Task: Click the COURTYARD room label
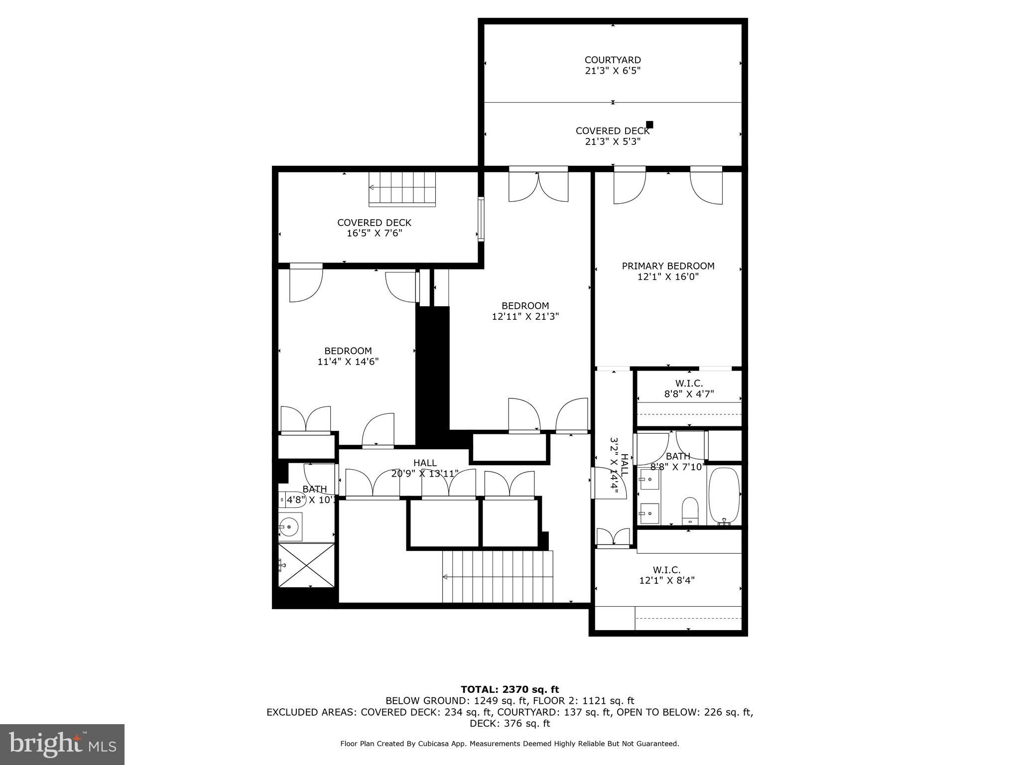tap(613, 60)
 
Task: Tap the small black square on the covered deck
tap(649, 125)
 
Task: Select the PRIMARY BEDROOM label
tap(668, 266)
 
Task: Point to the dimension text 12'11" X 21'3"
tap(525, 316)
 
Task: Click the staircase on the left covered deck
tap(402, 189)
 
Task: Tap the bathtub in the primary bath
tap(724, 496)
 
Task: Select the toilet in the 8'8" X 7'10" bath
tap(690, 510)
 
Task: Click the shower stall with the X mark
tap(306, 565)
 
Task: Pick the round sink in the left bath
tap(288, 526)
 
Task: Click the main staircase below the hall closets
tap(498, 577)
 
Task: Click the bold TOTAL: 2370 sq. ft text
tap(510, 689)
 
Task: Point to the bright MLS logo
tap(62, 744)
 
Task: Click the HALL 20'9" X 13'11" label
tap(425, 468)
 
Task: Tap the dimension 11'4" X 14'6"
tap(348, 362)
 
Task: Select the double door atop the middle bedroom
tap(538, 186)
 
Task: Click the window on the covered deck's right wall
tap(481, 219)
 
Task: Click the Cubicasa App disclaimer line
tap(510, 744)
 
